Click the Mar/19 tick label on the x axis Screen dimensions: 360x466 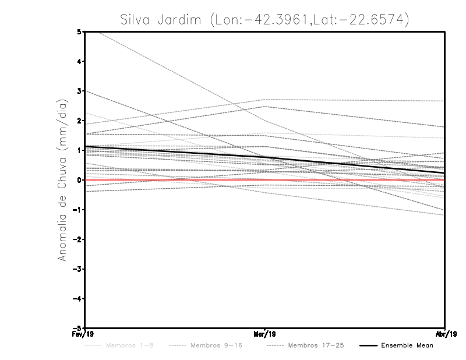265,334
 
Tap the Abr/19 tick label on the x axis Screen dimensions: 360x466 444,334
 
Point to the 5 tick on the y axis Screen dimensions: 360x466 79,31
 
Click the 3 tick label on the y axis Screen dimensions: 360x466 79,91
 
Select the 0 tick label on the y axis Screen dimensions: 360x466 79,180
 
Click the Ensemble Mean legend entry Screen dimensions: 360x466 407,345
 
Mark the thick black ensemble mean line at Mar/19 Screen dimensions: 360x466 265,158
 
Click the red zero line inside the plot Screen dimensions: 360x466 349,180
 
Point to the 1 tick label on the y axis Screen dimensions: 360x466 79,150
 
